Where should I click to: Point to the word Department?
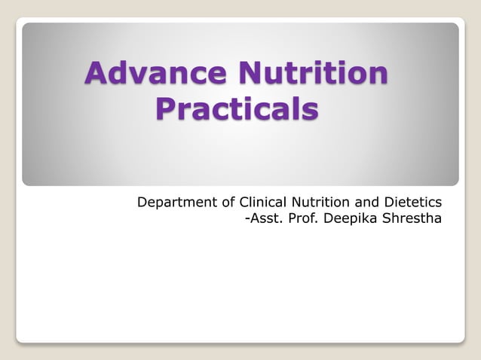174,203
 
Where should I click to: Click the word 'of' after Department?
227,202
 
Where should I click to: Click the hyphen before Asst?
247,221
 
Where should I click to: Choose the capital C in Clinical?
244,202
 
